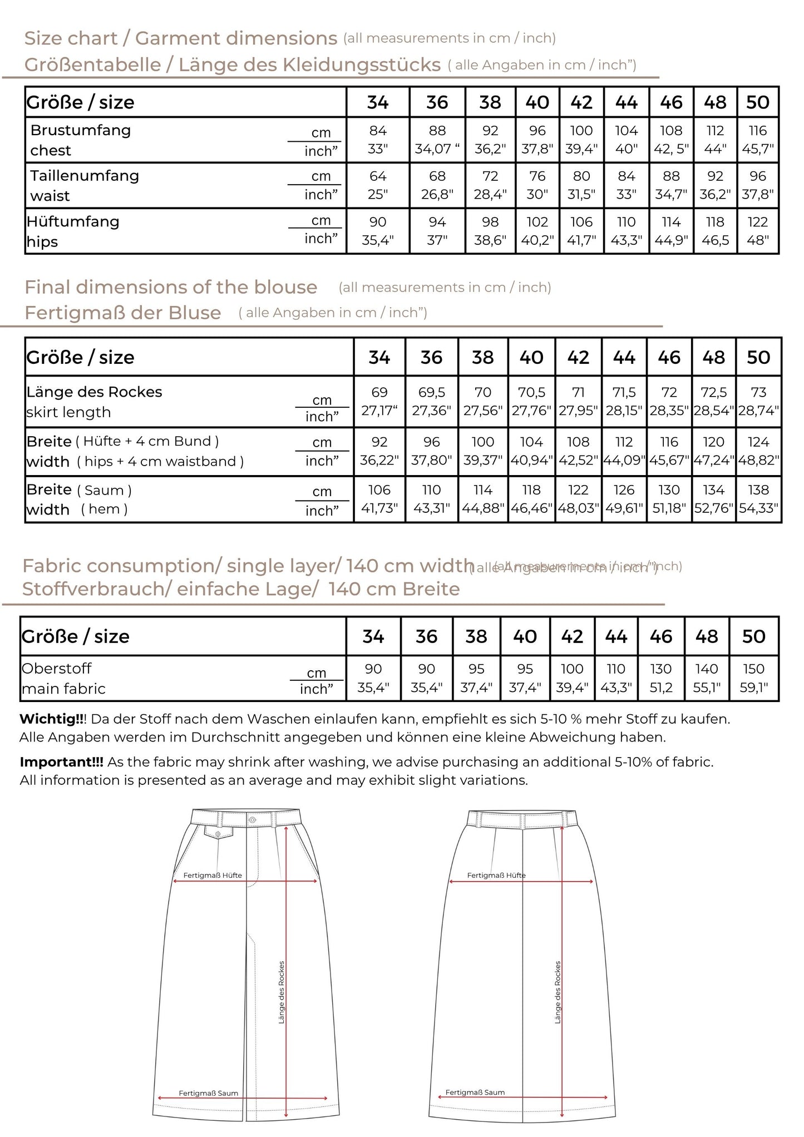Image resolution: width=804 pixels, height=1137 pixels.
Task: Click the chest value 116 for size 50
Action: tap(757, 131)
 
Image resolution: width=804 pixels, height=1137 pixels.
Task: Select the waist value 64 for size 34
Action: tap(378, 176)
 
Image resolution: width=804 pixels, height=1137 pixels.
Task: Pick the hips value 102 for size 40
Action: tap(537, 223)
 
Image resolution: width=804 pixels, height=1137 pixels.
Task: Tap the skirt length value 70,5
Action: tap(531, 393)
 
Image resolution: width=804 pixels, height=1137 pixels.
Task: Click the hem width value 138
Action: tap(758, 490)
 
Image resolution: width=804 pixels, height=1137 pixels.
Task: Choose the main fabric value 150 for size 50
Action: tap(753, 669)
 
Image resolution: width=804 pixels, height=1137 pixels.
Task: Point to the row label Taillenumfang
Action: tap(85, 176)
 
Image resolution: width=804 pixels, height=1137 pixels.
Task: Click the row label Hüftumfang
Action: tap(73, 221)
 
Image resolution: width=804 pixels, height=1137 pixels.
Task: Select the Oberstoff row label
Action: tap(56, 669)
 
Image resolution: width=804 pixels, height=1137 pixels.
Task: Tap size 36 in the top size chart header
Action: tap(437, 102)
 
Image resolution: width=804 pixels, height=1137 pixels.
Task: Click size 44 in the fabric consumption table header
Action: tap(616, 636)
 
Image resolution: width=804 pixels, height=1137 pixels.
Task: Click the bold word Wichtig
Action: tap(51, 719)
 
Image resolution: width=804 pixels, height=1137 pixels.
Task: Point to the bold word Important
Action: tap(61, 762)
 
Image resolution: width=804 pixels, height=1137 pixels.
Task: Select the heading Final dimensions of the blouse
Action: tap(171, 287)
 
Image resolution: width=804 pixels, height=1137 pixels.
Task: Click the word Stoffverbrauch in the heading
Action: tap(96, 589)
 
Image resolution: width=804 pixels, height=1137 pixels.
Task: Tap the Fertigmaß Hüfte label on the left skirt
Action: tap(213, 875)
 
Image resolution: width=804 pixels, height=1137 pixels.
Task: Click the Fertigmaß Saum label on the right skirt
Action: tap(475, 1092)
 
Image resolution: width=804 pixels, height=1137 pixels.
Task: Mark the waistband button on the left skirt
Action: tap(253, 820)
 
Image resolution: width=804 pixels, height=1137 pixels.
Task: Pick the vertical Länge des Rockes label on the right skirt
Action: tap(558, 992)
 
